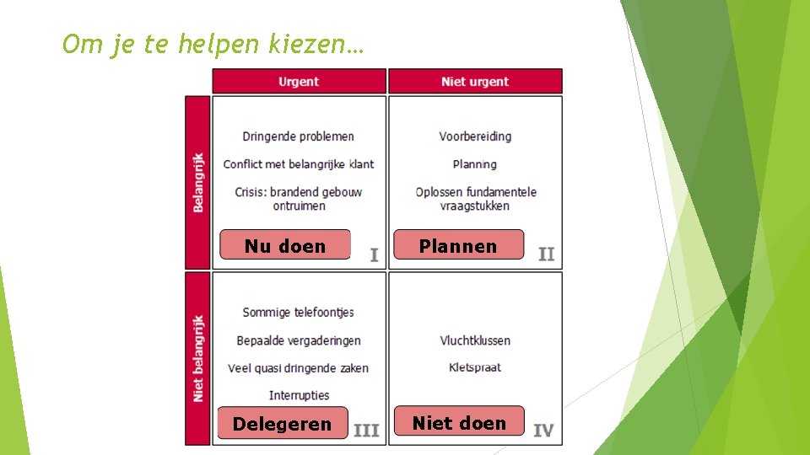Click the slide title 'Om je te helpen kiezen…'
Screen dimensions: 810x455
[213, 44]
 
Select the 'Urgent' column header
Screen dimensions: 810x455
[299, 82]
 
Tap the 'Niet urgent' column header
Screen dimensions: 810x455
[475, 82]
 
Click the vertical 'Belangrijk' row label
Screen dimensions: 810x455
[198, 182]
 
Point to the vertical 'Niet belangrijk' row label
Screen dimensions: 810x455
[198, 358]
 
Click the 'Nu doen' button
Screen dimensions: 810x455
[285, 245]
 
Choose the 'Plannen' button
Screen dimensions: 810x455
[458, 245]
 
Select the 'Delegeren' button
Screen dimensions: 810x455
[282, 423]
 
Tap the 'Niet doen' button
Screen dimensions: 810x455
[459, 422]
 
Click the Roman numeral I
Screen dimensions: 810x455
[374, 254]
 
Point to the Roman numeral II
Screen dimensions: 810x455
[547, 254]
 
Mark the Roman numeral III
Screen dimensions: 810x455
[366, 431]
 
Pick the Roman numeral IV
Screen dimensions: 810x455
[544, 431]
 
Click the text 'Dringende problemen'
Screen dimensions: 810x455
[298, 136]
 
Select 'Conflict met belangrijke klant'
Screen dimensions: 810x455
[299, 164]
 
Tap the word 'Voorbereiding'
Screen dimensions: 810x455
[475, 136]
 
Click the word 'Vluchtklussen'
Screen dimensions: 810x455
[475, 340]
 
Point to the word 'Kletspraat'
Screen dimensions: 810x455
[475, 367]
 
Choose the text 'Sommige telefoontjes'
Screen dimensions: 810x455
[298, 313]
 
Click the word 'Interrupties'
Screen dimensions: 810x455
[299, 395]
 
